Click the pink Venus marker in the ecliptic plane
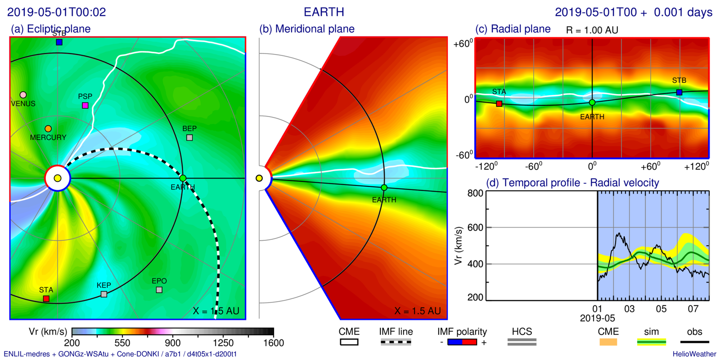click(23, 95)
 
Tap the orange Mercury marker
click(48, 129)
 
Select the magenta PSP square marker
click(85, 105)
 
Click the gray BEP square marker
click(189, 137)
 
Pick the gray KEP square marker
click(104, 294)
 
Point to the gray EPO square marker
click(159, 290)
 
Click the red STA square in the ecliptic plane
click(46, 299)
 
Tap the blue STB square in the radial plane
click(679, 92)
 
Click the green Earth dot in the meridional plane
click(384, 188)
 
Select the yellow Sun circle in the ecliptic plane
click(58, 178)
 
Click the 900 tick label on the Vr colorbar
click(172, 343)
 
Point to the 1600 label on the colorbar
click(274, 343)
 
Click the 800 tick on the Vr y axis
click(475, 193)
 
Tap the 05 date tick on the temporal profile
click(661, 309)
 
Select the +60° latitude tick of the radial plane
click(463, 44)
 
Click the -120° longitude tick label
click(486, 166)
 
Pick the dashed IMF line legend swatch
click(396, 342)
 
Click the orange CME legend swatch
click(608, 342)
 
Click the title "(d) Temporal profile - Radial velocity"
click(572, 183)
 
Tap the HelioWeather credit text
click(694, 354)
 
